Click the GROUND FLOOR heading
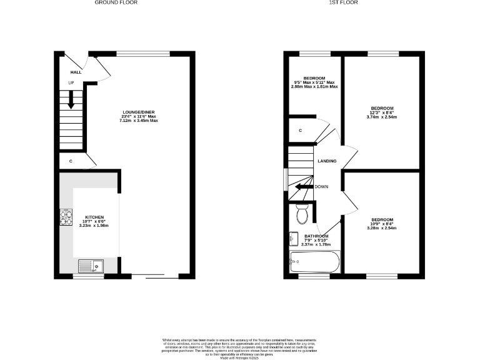pyautogui.click(x=116, y=2)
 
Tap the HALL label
pyautogui.click(x=76, y=72)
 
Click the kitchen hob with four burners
pyautogui.click(x=66, y=216)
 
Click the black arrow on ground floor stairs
pyautogui.click(x=71, y=100)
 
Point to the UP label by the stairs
pyautogui.click(x=71, y=82)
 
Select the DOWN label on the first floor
pyautogui.click(x=322, y=186)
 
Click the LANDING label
pyautogui.click(x=327, y=161)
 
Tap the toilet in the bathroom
pyautogui.click(x=302, y=214)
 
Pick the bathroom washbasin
pyautogui.click(x=294, y=239)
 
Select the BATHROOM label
pyautogui.click(x=316, y=236)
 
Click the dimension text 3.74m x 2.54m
pyautogui.click(x=382, y=117)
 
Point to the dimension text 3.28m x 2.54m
pyautogui.click(x=382, y=228)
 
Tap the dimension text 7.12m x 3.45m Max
pyautogui.click(x=140, y=120)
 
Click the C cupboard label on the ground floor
pyautogui.click(x=71, y=162)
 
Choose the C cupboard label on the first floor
pyautogui.click(x=301, y=130)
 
